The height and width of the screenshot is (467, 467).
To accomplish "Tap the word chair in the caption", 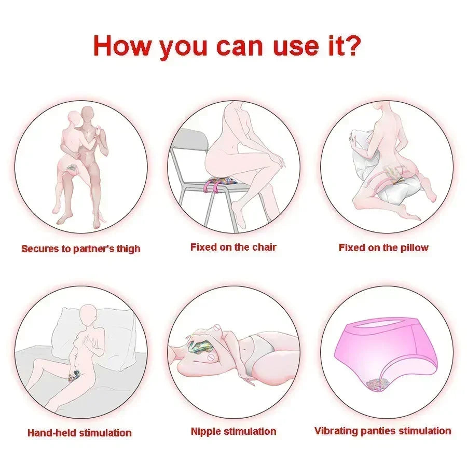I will [x=264, y=247].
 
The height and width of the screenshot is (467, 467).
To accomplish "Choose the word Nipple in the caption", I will [x=207, y=431].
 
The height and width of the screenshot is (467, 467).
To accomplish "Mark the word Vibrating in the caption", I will [x=337, y=431].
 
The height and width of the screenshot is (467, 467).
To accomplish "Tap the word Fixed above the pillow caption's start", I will [x=352, y=248].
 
